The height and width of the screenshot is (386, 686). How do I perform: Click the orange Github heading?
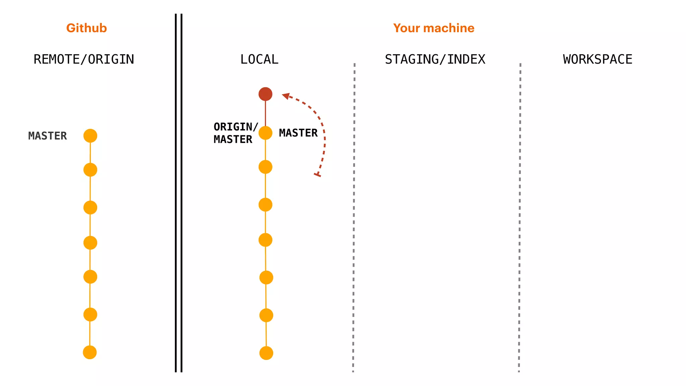click(x=86, y=28)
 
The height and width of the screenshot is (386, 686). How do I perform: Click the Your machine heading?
click(x=434, y=28)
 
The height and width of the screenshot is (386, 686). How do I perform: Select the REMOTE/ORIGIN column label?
click(x=84, y=59)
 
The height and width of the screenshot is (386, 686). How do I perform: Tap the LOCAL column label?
click(x=259, y=59)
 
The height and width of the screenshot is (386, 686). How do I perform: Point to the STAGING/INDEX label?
click(x=435, y=59)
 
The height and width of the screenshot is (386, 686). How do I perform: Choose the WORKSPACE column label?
click(x=598, y=59)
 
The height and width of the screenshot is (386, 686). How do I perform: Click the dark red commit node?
click(x=265, y=94)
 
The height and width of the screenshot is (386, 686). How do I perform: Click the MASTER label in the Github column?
click(x=48, y=136)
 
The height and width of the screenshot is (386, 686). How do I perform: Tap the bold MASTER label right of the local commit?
click(x=298, y=133)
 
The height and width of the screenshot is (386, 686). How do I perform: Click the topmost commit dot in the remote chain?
click(x=90, y=136)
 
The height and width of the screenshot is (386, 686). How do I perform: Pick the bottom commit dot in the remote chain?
click(x=90, y=352)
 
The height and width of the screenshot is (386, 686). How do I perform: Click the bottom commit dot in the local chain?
click(x=266, y=353)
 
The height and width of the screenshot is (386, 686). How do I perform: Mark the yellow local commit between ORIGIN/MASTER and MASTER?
click(x=265, y=133)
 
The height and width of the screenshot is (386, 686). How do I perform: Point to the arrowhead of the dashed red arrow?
click(x=286, y=96)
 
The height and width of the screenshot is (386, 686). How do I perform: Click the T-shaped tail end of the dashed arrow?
click(x=317, y=175)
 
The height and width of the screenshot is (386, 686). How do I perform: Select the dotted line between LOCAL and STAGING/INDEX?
click(x=354, y=218)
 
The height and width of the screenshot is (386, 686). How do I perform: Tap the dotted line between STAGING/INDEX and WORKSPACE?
click(x=520, y=218)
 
